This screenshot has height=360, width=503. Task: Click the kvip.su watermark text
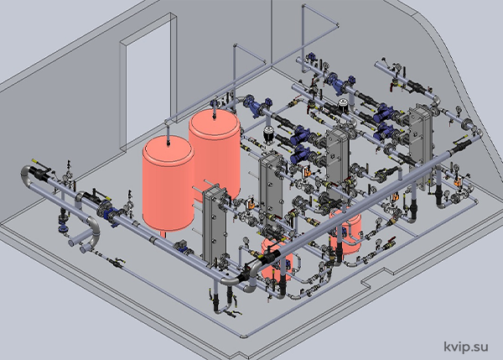coord(466,347)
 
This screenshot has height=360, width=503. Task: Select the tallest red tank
coord(215,154)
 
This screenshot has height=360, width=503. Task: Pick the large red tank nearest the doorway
coord(169,183)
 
